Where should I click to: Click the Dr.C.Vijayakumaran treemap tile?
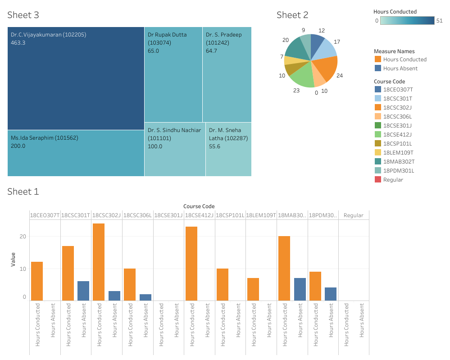76,78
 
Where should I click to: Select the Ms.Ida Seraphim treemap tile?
76,153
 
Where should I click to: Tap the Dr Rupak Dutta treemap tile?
173,74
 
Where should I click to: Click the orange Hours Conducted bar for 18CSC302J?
99,262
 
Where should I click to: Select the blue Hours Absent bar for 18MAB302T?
300,289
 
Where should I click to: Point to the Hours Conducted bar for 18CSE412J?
191,264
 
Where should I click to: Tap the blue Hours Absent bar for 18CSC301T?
83,291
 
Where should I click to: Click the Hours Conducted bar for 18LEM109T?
253,289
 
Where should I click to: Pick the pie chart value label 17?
337,42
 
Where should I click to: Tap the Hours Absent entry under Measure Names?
400,68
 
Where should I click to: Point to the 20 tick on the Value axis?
23,237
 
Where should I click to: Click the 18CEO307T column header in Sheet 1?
45,215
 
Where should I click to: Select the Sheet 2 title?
292,15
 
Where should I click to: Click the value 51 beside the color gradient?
440,21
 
